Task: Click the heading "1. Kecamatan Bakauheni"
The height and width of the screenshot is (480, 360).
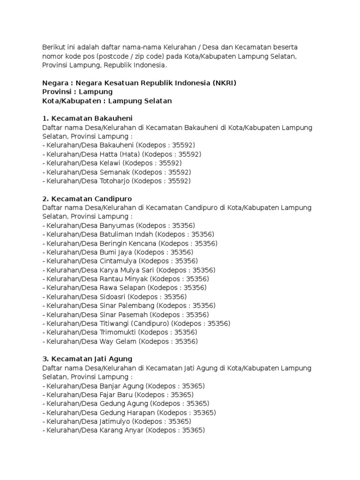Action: click(x=90, y=118)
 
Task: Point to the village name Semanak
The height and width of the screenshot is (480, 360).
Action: click(x=115, y=172)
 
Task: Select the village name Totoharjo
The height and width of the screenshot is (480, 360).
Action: click(x=115, y=181)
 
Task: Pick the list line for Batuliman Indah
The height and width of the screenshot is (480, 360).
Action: click(x=128, y=234)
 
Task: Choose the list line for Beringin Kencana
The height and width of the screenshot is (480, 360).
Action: click(x=130, y=243)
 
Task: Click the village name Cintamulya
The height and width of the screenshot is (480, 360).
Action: click(x=119, y=261)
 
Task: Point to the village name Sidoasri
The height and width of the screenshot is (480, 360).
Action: click(x=113, y=297)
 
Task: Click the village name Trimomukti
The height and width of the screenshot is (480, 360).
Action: click(x=120, y=332)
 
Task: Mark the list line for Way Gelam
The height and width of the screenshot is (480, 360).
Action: click(x=120, y=341)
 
